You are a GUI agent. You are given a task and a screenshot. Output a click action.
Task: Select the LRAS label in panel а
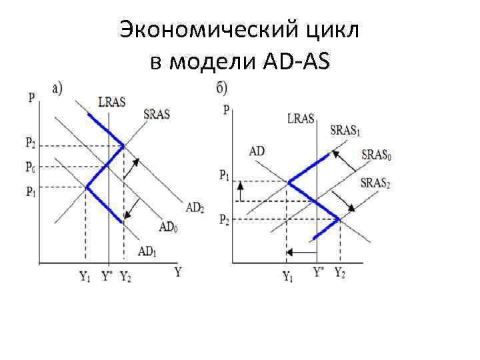[x=111, y=101]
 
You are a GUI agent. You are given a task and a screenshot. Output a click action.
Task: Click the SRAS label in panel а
[x=157, y=113]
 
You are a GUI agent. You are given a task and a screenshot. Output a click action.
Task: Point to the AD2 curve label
[x=195, y=207]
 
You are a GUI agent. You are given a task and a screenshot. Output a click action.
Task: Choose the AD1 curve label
[x=147, y=251]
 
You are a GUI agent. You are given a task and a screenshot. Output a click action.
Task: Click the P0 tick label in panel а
[x=31, y=165]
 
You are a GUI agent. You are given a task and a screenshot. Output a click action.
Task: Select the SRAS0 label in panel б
[x=376, y=155]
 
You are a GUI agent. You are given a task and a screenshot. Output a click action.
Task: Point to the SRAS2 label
[x=374, y=183]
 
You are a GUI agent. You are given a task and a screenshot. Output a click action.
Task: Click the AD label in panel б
[x=257, y=151]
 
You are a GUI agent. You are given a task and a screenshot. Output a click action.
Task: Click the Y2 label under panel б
[x=339, y=273]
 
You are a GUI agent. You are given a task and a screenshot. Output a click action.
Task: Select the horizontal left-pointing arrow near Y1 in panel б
[x=300, y=253]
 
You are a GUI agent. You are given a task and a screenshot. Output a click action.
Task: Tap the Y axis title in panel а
[x=178, y=271]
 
